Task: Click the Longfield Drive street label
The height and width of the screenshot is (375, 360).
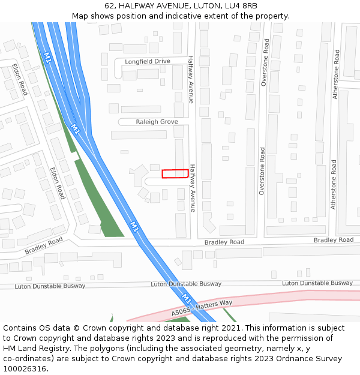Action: [x=148, y=61]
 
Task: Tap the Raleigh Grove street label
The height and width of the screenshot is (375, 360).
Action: [x=157, y=122]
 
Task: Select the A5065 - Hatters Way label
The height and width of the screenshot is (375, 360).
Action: [x=202, y=308]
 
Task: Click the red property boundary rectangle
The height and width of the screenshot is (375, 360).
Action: [x=175, y=173]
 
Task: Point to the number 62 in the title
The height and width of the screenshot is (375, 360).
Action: [x=109, y=6]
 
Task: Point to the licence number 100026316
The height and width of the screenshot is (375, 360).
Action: [x=25, y=369]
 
